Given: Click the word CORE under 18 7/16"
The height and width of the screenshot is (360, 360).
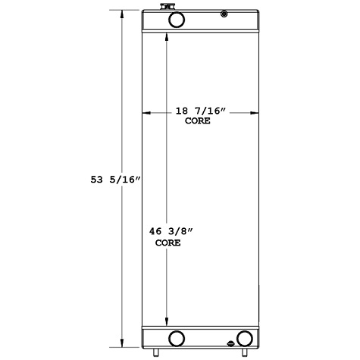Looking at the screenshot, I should pos(196,121).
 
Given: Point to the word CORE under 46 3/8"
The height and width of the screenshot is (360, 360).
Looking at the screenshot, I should pos(167,243).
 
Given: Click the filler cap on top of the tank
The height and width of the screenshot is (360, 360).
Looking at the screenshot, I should pos(165,8).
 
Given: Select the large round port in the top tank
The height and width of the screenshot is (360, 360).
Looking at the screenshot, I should pos(175,20).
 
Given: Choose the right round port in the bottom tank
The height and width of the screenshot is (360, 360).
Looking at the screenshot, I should pos(244,338).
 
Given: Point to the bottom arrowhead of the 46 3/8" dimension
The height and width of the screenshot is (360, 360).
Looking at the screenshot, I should pos(166,321).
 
